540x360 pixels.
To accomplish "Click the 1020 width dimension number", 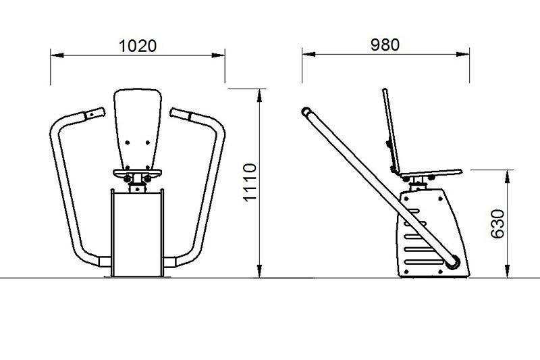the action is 138,46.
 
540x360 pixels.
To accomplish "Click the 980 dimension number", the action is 385,45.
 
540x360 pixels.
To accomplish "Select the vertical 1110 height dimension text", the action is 250,182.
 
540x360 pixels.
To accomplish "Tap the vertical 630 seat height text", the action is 497,224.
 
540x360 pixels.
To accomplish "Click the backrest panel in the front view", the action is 138,129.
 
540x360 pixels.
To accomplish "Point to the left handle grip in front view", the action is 94,113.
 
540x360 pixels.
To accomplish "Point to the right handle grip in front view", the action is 180,114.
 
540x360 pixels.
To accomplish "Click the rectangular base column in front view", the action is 138,234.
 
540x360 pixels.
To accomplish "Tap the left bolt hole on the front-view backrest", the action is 128,143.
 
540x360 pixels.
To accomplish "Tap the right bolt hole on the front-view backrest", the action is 148,143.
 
